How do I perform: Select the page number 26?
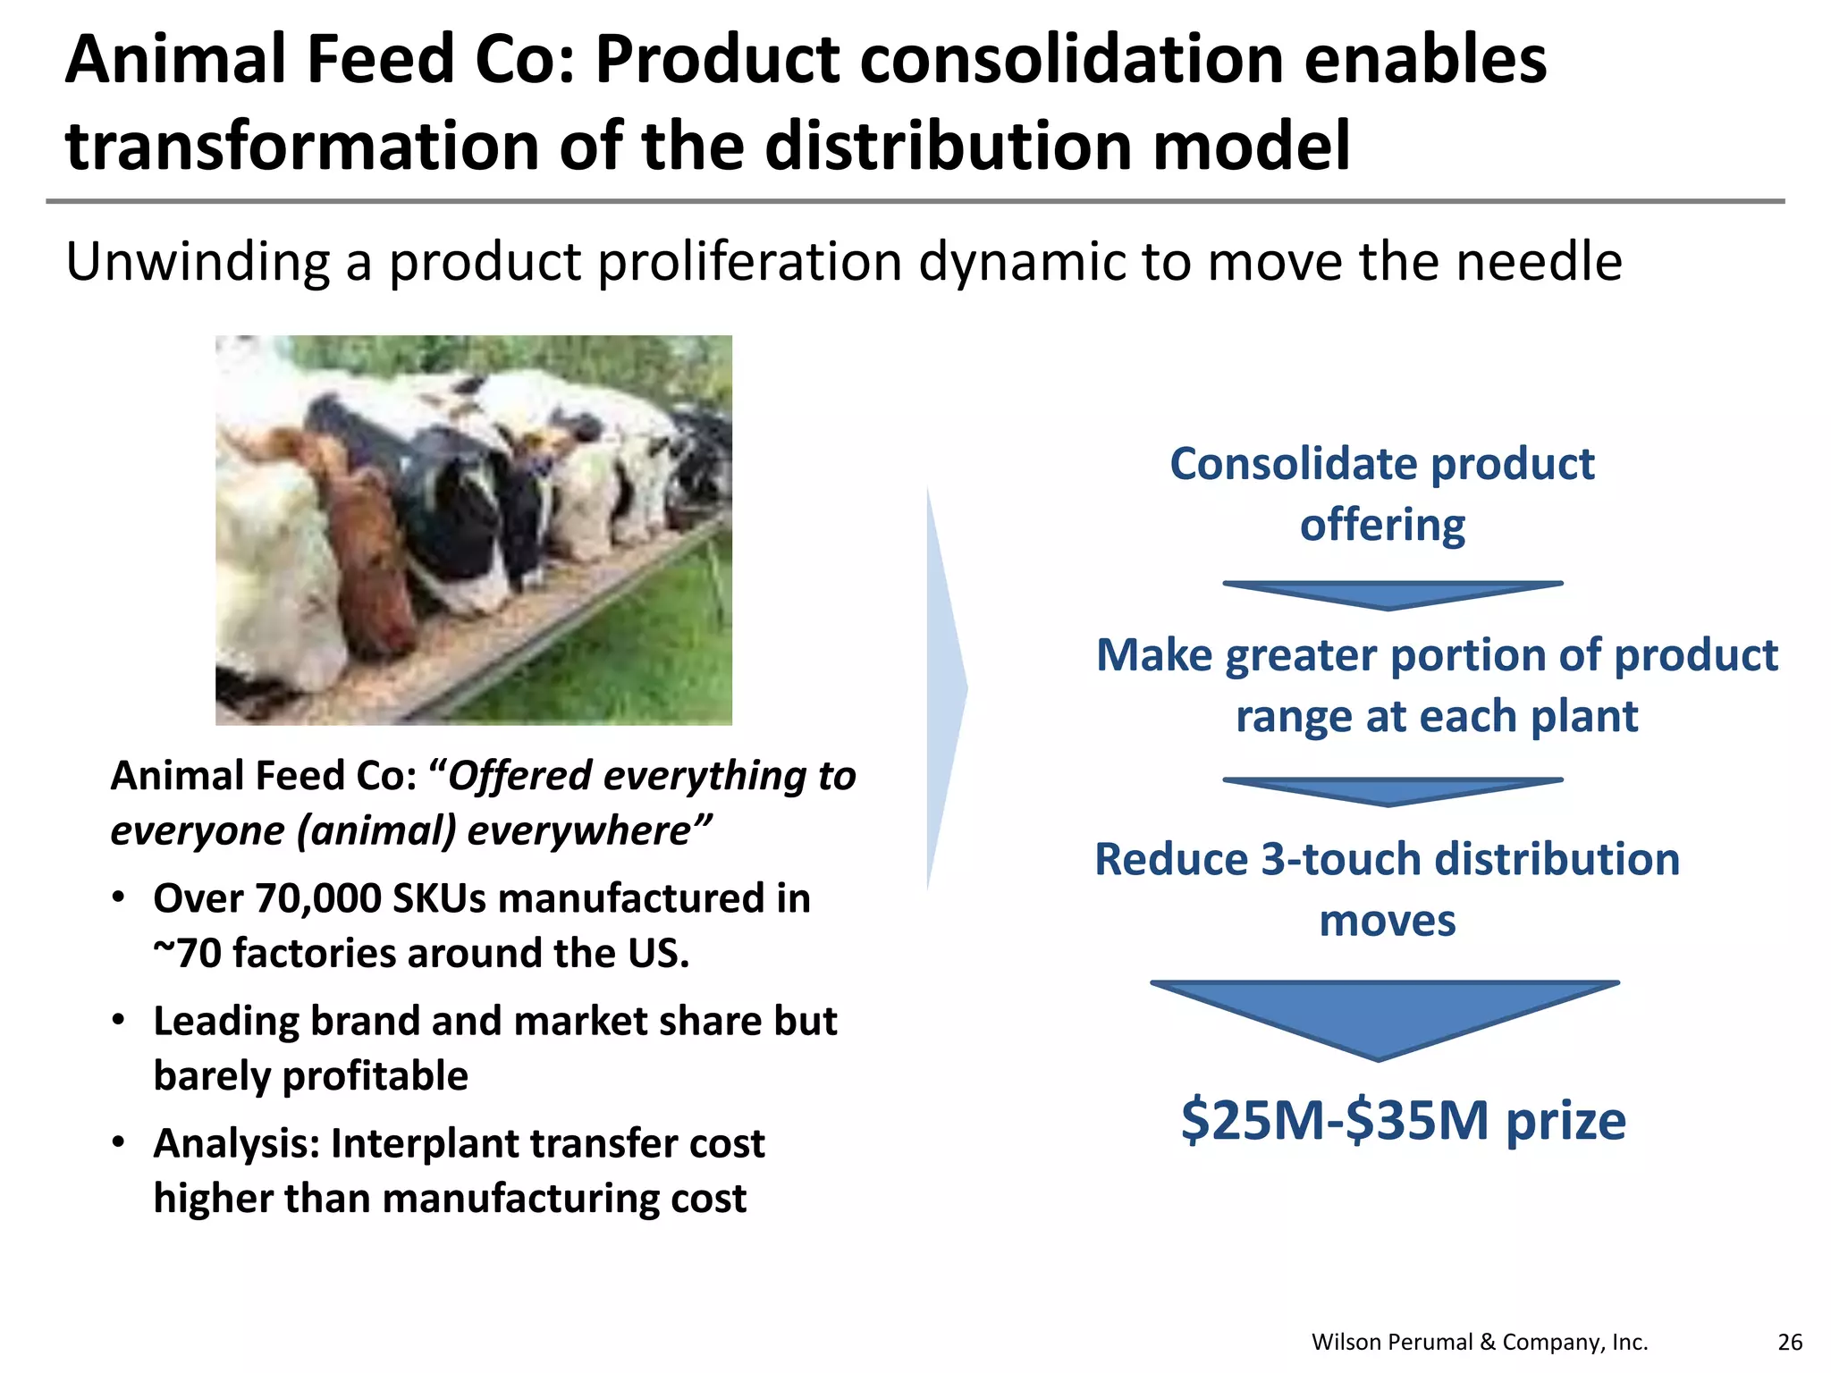1790,1342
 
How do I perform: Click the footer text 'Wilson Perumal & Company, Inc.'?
1479,1342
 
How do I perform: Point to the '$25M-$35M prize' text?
1402,1120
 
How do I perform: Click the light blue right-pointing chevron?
946,688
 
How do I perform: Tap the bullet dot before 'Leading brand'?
118,1020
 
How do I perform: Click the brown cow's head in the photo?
367,554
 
